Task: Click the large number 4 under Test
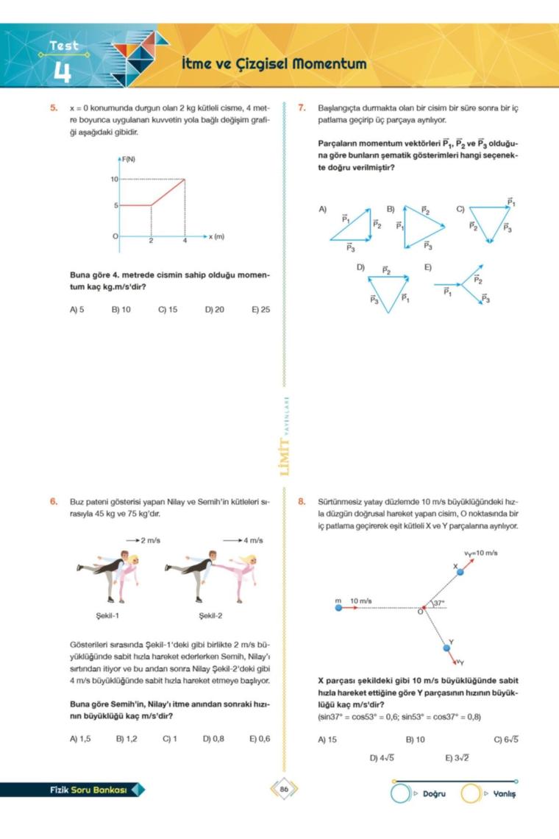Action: [62, 72]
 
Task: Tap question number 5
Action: [54, 108]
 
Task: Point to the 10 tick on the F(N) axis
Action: [114, 179]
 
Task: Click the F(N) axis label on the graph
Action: [129, 159]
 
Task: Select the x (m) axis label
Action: [216, 237]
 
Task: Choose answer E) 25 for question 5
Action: [260, 310]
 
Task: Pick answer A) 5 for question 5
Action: [77, 310]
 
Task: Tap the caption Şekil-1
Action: [108, 615]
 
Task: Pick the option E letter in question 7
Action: [427, 266]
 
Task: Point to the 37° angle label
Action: [439, 603]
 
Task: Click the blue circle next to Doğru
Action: [400, 794]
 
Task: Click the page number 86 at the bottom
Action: [283, 790]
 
